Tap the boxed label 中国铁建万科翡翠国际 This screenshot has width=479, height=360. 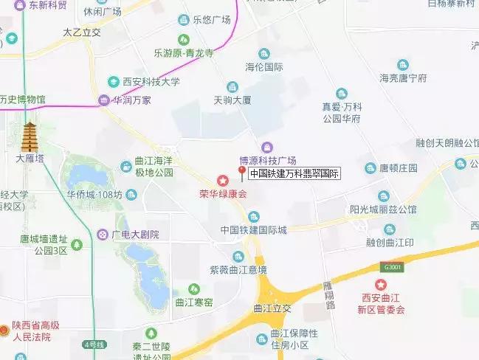(294, 175)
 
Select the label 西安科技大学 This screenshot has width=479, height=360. (150, 82)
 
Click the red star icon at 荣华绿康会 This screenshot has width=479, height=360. (222, 181)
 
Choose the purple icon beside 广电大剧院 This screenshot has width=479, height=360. (102, 234)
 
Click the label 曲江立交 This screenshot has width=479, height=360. (272, 308)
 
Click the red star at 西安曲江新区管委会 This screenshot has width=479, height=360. (381, 285)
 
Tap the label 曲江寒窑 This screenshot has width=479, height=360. (193, 302)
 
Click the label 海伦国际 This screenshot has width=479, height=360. (264, 67)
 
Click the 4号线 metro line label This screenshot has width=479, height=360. (94, 344)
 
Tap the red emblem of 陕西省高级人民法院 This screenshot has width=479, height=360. (5, 330)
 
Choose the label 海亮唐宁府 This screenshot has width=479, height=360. (403, 77)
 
